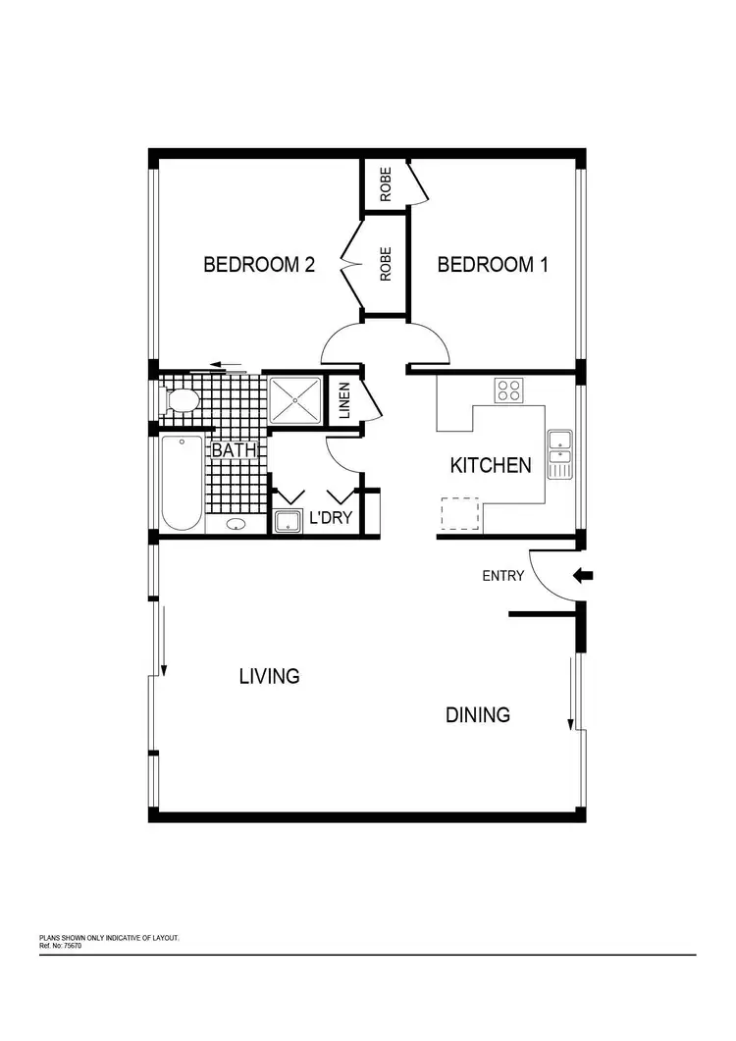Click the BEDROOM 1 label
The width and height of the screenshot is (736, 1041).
tap(492, 265)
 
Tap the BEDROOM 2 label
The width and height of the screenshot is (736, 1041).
tap(258, 265)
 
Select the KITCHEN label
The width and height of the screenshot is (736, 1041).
tap(491, 465)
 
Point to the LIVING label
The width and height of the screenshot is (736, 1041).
tap(269, 676)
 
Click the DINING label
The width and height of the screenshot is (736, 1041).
tap(478, 715)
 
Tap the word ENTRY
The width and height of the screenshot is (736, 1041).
tap(502, 577)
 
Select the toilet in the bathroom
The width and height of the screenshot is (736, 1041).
tap(182, 400)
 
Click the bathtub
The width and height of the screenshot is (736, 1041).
tap(183, 484)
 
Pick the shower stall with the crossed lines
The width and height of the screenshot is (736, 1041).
tap(295, 399)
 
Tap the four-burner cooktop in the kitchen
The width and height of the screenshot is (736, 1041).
tap(508, 390)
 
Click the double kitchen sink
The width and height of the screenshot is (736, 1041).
tap(559, 454)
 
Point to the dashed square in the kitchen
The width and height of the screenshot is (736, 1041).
tap(457, 513)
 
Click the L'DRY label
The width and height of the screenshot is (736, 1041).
tap(331, 518)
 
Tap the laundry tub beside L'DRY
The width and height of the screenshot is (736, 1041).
tap(289, 521)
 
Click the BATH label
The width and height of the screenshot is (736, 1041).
tap(235, 451)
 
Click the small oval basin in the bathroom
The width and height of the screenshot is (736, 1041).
tap(237, 525)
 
